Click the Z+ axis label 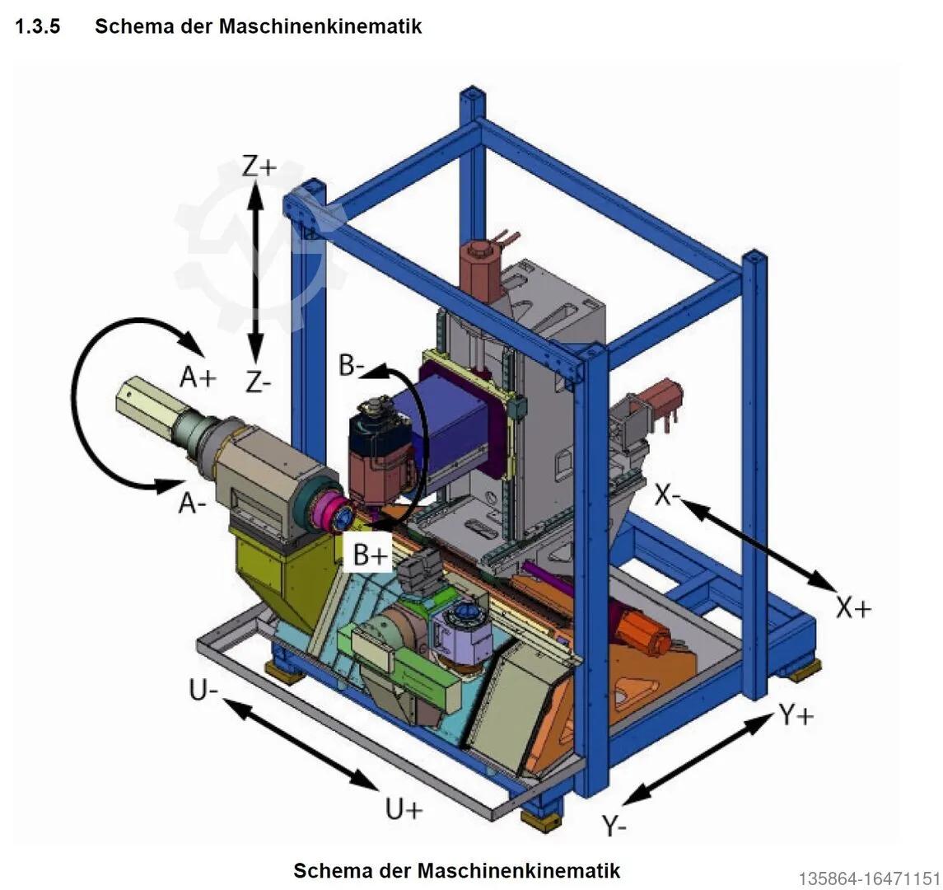[259, 166]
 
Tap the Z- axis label [258, 382]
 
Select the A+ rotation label [198, 377]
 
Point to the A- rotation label [193, 503]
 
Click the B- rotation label [352, 365]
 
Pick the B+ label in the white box [369, 555]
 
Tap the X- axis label [669, 495]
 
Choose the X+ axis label [853, 608]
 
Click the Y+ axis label [796, 716]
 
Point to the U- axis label [203, 691]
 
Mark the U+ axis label [404, 810]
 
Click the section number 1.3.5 [38, 26]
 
